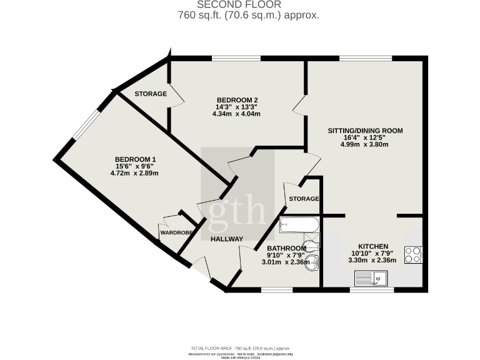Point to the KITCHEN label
click(374, 246)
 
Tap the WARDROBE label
click(176, 232)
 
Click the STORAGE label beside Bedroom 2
click(151, 94)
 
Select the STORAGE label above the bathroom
click(304, 199)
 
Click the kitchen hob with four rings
click(414, 255)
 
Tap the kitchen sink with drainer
click(371, 278)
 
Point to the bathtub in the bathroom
click(299, 224)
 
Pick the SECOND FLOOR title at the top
click(240, 5)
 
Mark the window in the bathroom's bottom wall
click(276, 290)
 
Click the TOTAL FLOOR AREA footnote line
click(240, 347)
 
